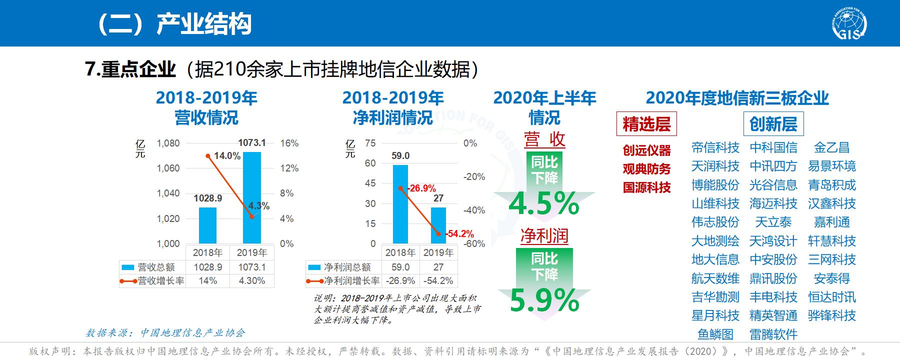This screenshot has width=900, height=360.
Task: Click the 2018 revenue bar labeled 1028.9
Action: pos(207,225)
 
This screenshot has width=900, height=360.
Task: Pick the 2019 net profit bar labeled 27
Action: pos(438,225)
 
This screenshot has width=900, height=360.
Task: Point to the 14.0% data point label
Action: pos(227,156)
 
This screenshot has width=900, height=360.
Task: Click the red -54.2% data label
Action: pos(460,234)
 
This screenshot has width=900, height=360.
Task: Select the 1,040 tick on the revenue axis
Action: pos(168,193)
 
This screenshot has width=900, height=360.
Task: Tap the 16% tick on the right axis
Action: pos(289,143)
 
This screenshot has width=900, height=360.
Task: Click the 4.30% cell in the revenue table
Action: pos(251,281)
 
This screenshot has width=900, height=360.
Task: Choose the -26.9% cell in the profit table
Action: pos(400,281)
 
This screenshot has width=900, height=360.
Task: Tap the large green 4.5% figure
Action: pos(544,203)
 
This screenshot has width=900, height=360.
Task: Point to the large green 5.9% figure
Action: pos(544,300)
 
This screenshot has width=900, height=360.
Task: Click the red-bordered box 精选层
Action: pos(646,124)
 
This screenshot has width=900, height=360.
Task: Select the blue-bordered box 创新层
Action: pos(773,124)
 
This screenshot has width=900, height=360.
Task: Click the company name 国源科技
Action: pos(646,188)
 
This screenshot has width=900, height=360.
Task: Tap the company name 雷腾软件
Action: pos(773,334)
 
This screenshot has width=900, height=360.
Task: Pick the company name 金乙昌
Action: pos(831,147)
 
